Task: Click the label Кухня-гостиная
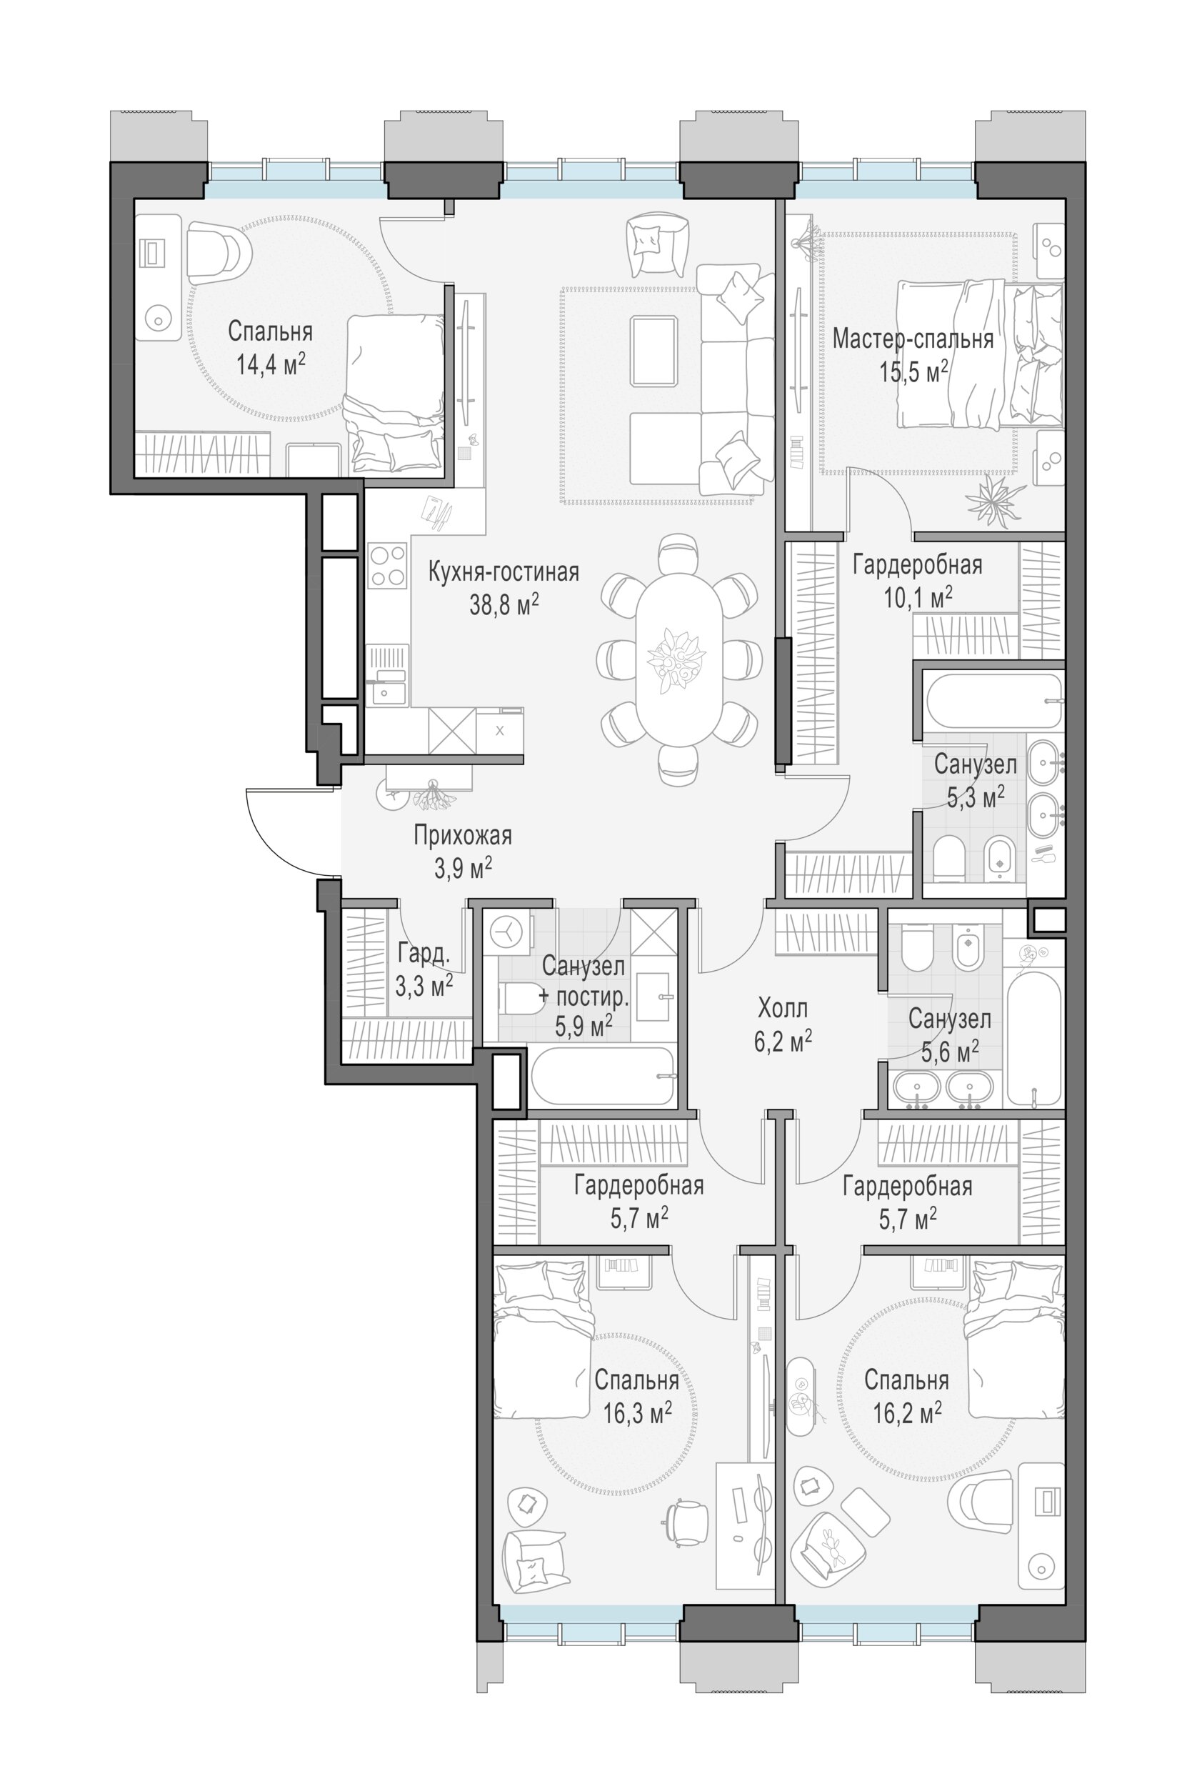(504, 572)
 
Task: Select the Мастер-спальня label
(913, 339)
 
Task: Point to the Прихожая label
(463, 836)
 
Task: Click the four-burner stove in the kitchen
(387, 566)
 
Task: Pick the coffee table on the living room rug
(653, 351)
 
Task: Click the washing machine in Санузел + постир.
(507, 932)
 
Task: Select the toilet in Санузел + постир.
(520, 998)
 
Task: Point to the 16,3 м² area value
(637, 1413)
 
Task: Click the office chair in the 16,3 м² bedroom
(686, 1521)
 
